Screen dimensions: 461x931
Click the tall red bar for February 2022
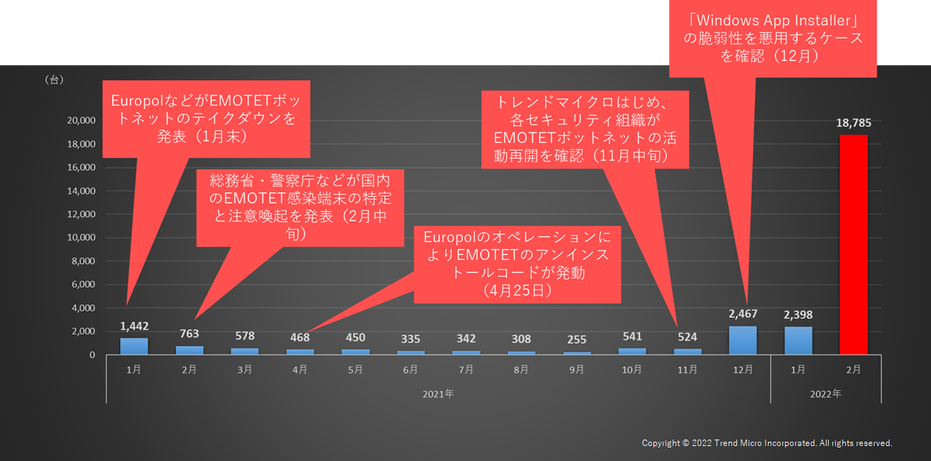point(853,244)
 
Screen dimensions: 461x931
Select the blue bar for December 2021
point(743,340)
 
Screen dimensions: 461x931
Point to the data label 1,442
point(134,326)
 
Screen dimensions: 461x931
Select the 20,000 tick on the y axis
point(82,121)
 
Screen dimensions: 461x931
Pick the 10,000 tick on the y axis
point(82,238)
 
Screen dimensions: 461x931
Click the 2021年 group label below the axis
point(439,393)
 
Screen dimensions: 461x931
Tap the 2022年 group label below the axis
point(826,393)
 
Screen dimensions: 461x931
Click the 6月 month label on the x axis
point(411,370)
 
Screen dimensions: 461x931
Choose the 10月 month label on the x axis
point(632,370)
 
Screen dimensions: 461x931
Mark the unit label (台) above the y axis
point(54,80)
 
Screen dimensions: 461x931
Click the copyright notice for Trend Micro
point(766,443)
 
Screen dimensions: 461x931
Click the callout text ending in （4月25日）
point(517,264)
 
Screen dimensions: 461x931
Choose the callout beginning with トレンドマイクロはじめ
point(585,129)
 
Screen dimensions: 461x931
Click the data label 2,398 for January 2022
point(798,315)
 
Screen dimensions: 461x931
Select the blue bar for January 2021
point(134,346)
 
